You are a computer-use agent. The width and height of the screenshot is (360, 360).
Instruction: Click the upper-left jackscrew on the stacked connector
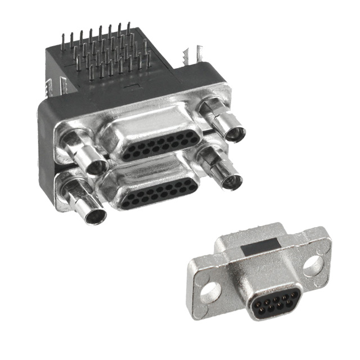84,153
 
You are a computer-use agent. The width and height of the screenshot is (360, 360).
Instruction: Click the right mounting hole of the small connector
313,265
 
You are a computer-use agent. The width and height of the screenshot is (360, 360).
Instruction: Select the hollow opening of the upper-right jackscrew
235,134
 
